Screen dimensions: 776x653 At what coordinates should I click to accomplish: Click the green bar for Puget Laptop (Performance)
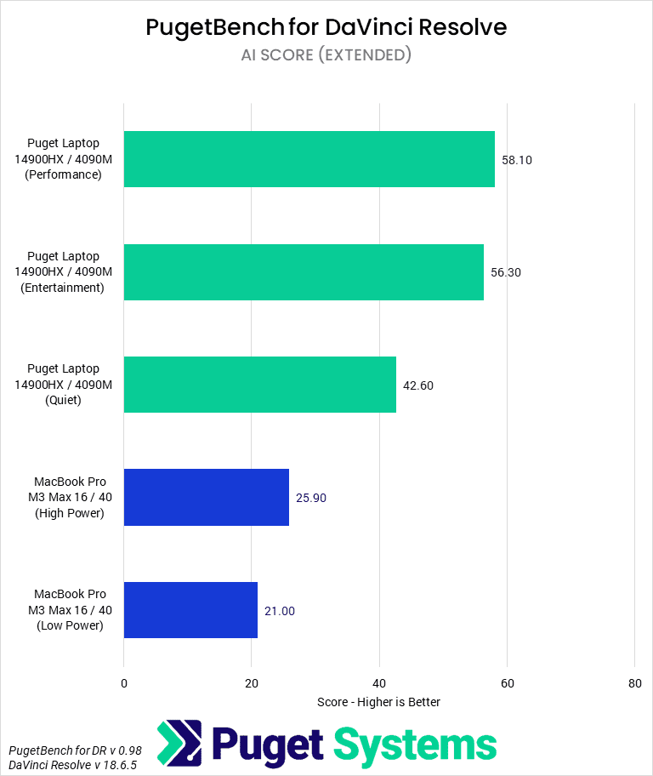[x=309, y=159]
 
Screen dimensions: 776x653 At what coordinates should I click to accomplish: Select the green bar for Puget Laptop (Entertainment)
[x=304, y=272]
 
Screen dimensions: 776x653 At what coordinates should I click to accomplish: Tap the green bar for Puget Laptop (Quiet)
[x=260, y=385]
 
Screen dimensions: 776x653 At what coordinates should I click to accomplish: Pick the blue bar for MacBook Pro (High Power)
[x=207, y=497]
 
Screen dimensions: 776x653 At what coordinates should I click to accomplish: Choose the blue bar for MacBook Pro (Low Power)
[x=190, y=610]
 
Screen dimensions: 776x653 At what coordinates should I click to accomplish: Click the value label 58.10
[x=517, y=159]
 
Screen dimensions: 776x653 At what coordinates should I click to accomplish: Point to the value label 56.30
[x=506, y=272]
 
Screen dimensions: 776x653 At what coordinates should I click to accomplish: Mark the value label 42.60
[x=418, y=385]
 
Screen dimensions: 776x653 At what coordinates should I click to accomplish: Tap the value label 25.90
[x=311, y=498]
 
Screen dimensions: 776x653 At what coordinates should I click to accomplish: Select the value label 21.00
[x=280, y=611]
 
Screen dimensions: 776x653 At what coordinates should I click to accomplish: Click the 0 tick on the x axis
[x=124, y=682]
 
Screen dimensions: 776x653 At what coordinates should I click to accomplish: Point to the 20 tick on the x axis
[x=252, y=682]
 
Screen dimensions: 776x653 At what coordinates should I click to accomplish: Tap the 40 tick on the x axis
[x=379, y=682]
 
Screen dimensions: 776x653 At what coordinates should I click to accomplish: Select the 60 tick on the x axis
[x=507, y=682]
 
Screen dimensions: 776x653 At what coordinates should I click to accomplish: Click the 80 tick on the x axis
[x=634, y=682]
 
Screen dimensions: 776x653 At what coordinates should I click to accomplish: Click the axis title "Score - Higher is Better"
[x=379, y=702]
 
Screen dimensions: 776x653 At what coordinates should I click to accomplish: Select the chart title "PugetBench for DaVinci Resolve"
[x=326, y=27]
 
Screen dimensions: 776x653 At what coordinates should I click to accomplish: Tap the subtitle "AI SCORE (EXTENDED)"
[x=326, y=55]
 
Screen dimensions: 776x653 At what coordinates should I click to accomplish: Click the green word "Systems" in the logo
[x=415, y=745]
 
